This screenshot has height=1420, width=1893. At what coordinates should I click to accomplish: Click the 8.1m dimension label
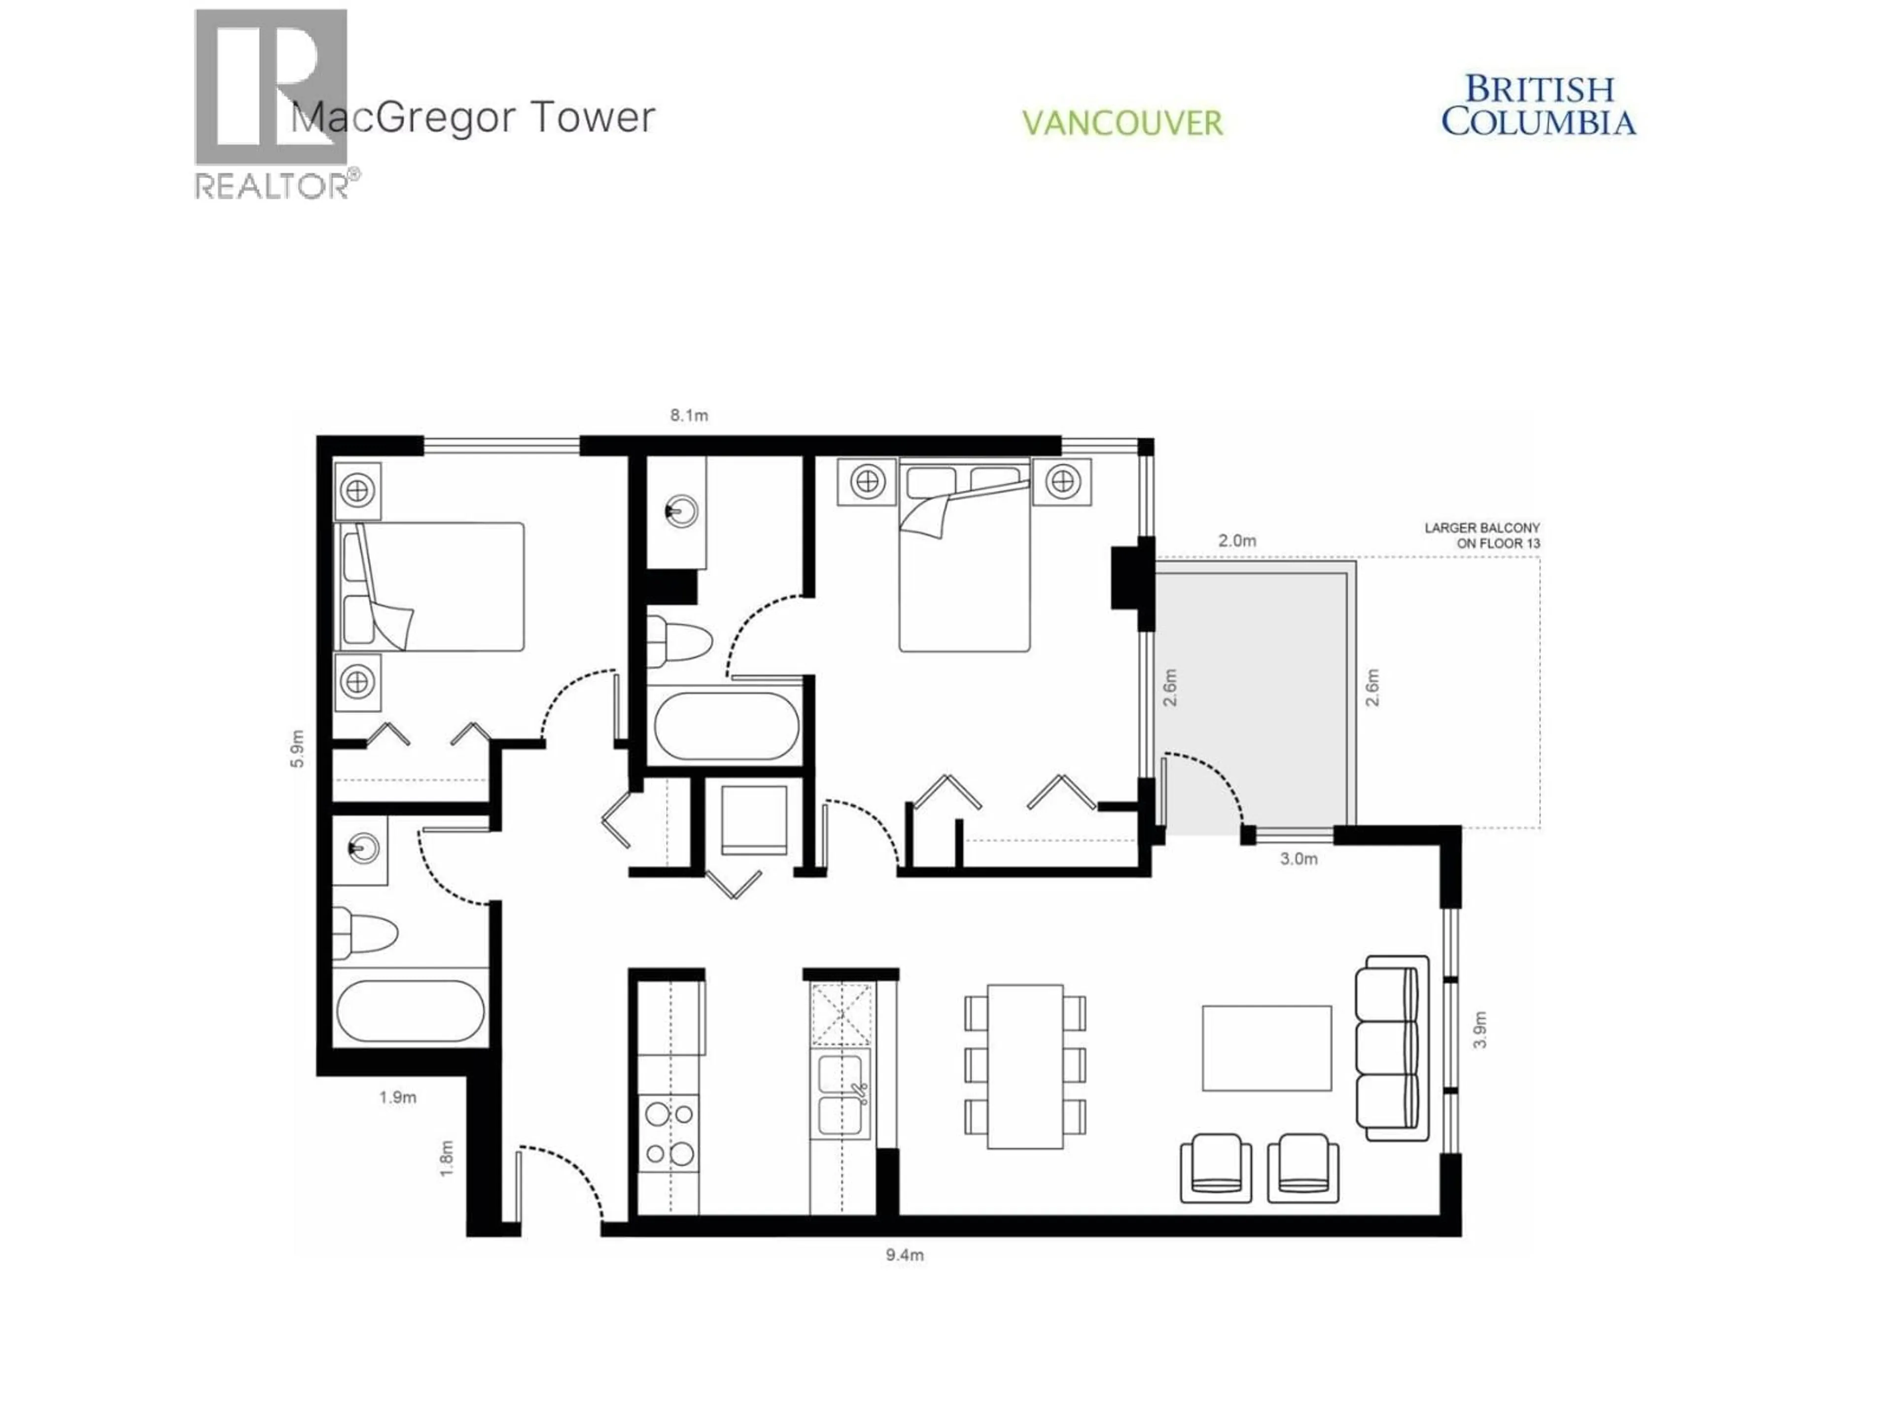(689, 416)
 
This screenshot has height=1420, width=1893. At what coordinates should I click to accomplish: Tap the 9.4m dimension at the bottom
(905, 1256)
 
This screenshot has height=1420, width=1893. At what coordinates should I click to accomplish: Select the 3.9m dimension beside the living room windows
(1480, 1029)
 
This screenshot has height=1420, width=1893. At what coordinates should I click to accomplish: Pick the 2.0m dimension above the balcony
(1236, 541)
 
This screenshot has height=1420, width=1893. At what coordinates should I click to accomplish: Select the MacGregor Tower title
(473, 117)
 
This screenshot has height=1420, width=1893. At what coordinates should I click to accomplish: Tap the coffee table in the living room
(1266, 1049)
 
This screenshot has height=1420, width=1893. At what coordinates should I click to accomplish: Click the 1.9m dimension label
(398, 1098)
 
